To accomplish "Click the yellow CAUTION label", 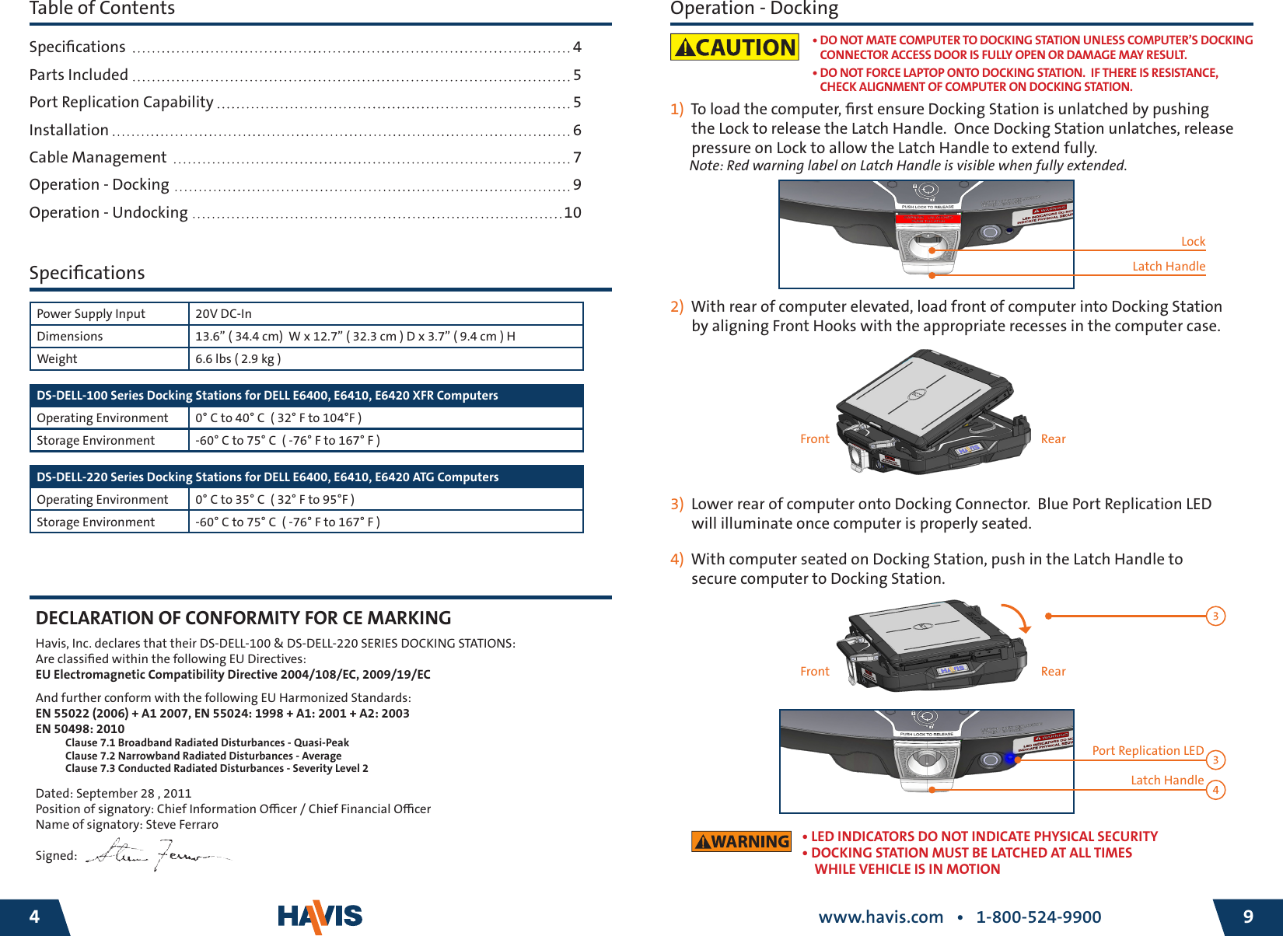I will [x=734, y=47].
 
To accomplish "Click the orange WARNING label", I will [x=741, y=841].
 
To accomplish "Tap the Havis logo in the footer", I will [x=320, y=917].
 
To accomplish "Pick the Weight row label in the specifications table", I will [x=58, y=359].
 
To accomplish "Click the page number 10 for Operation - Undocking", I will [x=572, y=213].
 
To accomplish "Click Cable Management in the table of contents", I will [x=98, y=158].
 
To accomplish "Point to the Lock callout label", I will [x=1193, y=242].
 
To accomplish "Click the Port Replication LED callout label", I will [x=1147, y=751].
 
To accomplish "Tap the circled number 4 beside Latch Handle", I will [x=1215, y=791].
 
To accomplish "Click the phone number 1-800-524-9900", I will [x=1038, y=917].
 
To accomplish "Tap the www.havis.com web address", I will [x=880, y=917].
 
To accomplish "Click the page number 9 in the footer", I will [x=1248, y=917].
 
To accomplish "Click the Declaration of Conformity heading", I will [x=243, y=618].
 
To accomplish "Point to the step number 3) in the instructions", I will [x=676, y=505].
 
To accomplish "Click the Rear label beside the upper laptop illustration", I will [x=1053, y=439].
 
